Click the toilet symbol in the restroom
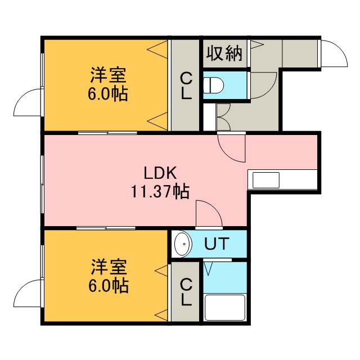click(214, 85)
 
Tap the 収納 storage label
click(224, 53)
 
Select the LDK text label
click(160, 173)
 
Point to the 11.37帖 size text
click(160, 191)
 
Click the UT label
click(217, 244)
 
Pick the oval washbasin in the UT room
click(183, 244)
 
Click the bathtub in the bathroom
click(225, 308)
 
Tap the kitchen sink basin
click(266, 180)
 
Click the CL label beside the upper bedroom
click(186, 85)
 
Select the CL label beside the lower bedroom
click(186, 292)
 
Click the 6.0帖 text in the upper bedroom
click(107, 94)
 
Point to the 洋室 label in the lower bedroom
click(109, 267)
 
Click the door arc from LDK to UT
click(215, 208)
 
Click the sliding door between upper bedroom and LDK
click(107, 133)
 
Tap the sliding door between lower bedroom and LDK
click(106, 228)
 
